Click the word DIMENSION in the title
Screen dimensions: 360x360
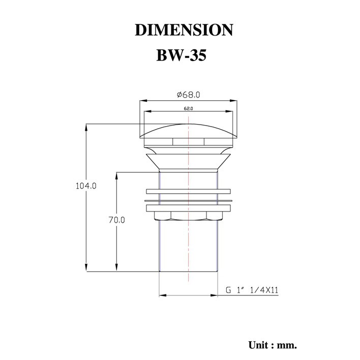click(184, 30)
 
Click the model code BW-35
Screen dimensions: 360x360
click(182, 55)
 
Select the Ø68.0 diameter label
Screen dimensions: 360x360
click(189, 95)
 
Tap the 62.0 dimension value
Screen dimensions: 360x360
click(188, 109)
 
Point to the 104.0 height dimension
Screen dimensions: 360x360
click(86, 186)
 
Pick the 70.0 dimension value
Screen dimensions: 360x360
click(117, 220)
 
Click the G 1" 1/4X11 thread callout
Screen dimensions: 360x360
click(252, 290)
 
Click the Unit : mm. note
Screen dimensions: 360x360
click(273, 345)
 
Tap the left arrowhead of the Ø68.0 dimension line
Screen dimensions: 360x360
click(143, 100)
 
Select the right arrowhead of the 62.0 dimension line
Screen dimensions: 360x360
click(229, 111)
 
